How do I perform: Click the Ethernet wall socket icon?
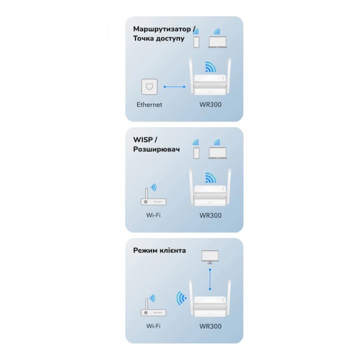(149, 86)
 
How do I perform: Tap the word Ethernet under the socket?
(149, 104)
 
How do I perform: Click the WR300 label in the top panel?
(211, 104)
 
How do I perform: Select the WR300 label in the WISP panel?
(211, 215)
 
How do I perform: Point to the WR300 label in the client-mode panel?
(211, 326)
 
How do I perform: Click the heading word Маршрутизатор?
(162, 29)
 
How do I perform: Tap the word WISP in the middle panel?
(143, 140)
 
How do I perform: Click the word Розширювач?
(157, 149)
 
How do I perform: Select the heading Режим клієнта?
(160, 250)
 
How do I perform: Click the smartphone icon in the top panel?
(196, 42)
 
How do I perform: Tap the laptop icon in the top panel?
(217, 42)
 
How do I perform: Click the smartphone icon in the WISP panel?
(196, 153)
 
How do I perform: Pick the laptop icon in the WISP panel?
(217, 153)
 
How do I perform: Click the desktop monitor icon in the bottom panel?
(210, 257)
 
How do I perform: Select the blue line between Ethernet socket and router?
(174, 87)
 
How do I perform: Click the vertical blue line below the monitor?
(210, 280)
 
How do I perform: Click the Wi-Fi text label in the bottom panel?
(154, 326)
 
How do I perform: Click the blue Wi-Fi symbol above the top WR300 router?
(211, 67)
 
